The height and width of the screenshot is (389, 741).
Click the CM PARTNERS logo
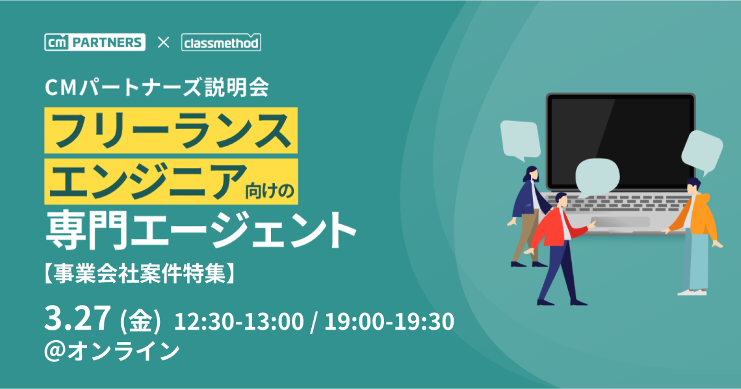click(x=95, y=42)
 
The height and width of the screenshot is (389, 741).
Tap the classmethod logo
click(x=221, y=43)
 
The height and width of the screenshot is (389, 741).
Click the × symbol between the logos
click(x=164, y=43)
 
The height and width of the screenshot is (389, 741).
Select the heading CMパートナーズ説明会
click(x=157, y=88)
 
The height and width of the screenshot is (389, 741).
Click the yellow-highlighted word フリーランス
click(x=171, y=130)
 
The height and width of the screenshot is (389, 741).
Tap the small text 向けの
click(x=270, y=191)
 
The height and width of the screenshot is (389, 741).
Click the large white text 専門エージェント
click(x=201, y=229)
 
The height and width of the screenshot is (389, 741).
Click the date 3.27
click(x=78, y=317)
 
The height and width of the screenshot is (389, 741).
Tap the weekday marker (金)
click(x=140, y=320)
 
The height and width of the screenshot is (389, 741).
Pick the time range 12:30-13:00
click(x=239, y=321)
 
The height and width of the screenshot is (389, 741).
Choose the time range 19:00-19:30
click(x=390, y=321)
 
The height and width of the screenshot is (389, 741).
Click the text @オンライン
click(x=112, y=351)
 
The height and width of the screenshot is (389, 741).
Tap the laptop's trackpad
click(x=620, y=222)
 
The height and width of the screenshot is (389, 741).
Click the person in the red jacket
click(x=559, y=249)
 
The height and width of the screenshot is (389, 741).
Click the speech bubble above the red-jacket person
click(x=597, y=177)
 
